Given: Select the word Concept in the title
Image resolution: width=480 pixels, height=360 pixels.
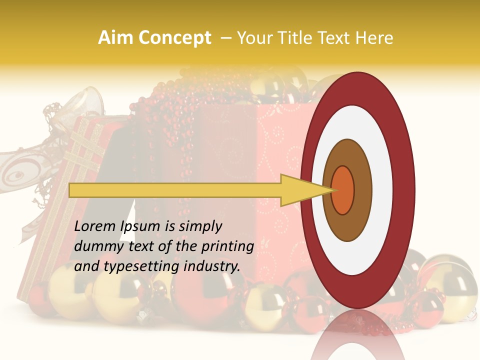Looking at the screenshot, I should (x=174, y=38).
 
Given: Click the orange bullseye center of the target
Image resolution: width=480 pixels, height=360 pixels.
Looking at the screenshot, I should (x=343, y=190).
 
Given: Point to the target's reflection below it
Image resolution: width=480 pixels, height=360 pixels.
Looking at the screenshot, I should (x=357, y=335).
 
